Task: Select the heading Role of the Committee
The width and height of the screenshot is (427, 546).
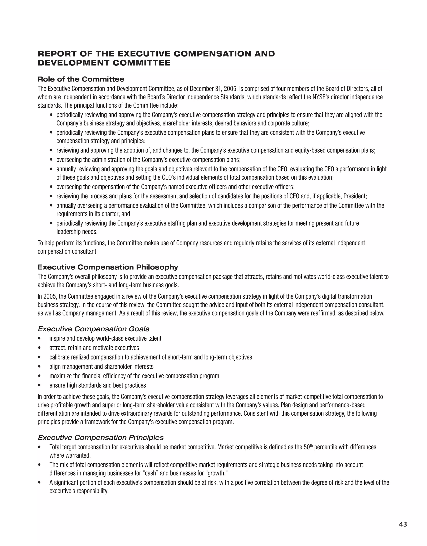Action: [x=81, y=79]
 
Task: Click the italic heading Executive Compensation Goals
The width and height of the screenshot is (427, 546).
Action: [x=94, y=329]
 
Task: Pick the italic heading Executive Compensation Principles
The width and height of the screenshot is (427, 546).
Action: [x=100, y=437]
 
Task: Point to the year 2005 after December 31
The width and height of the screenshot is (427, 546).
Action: [x=230, y=89]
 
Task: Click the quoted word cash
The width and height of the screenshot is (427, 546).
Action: [x=151, y=473]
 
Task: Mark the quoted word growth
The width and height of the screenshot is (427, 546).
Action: [x=216, y=473]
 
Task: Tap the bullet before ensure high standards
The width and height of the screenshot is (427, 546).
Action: [x=39, y=386]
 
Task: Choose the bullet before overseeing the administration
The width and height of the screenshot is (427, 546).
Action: [x=51, y=160]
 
